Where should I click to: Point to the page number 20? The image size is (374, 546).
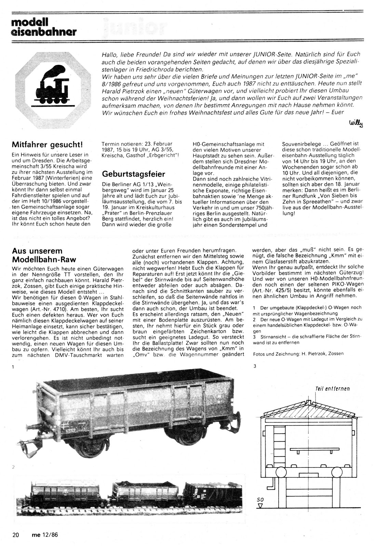pos(15,535)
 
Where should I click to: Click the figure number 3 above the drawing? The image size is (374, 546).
pos(255,366)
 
